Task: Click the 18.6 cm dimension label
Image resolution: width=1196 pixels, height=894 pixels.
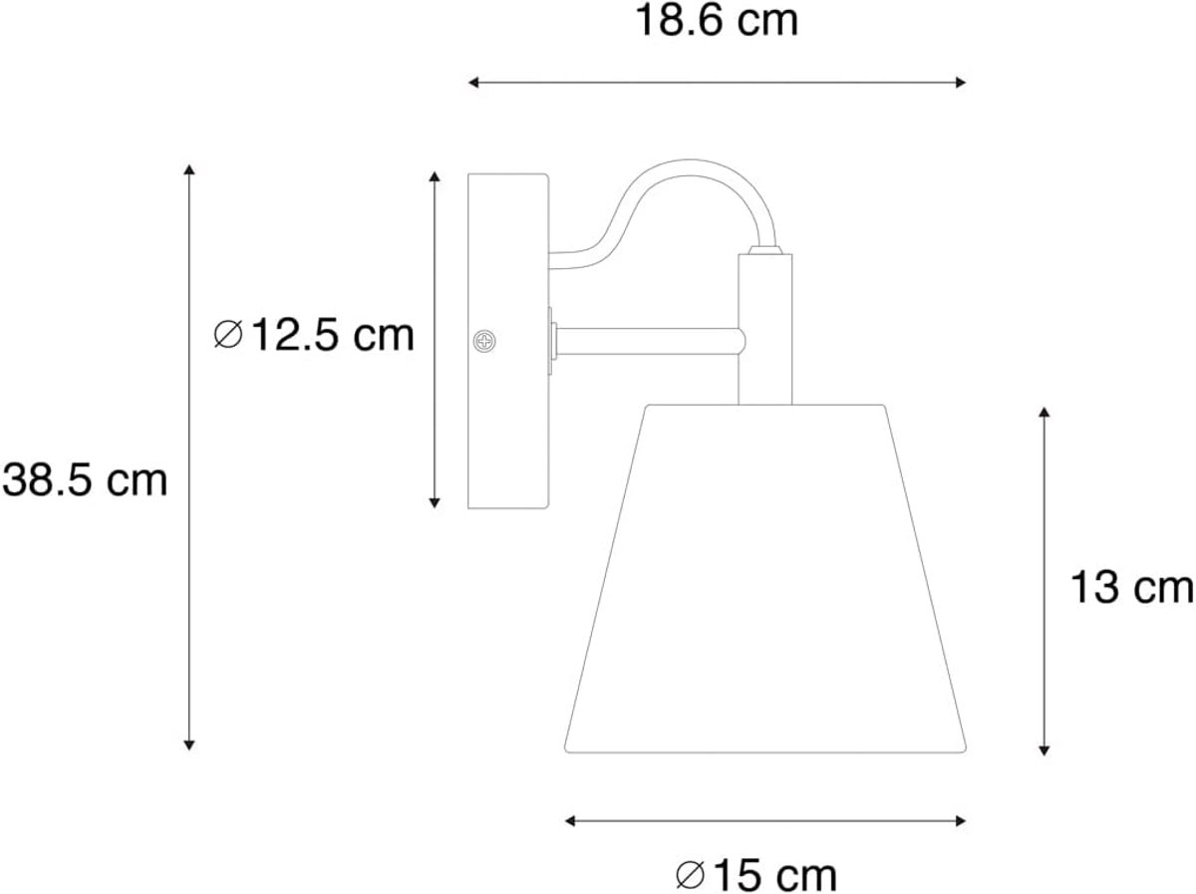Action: click(716, 21)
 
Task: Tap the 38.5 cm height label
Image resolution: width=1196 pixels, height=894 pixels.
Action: click(85, 480)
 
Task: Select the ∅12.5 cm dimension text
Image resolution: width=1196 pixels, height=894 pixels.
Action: click(314, 335)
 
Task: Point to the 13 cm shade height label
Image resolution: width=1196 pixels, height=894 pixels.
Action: click(1131, 588)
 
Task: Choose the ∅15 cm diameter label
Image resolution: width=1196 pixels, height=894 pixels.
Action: click(755, 875)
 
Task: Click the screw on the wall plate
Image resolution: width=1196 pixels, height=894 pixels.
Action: click(483, 342)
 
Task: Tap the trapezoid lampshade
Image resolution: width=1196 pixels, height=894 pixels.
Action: click(765, 579)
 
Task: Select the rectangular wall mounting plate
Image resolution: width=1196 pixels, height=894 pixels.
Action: click(508, 341)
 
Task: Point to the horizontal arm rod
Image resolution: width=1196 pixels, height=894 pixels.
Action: click(650, 342)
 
